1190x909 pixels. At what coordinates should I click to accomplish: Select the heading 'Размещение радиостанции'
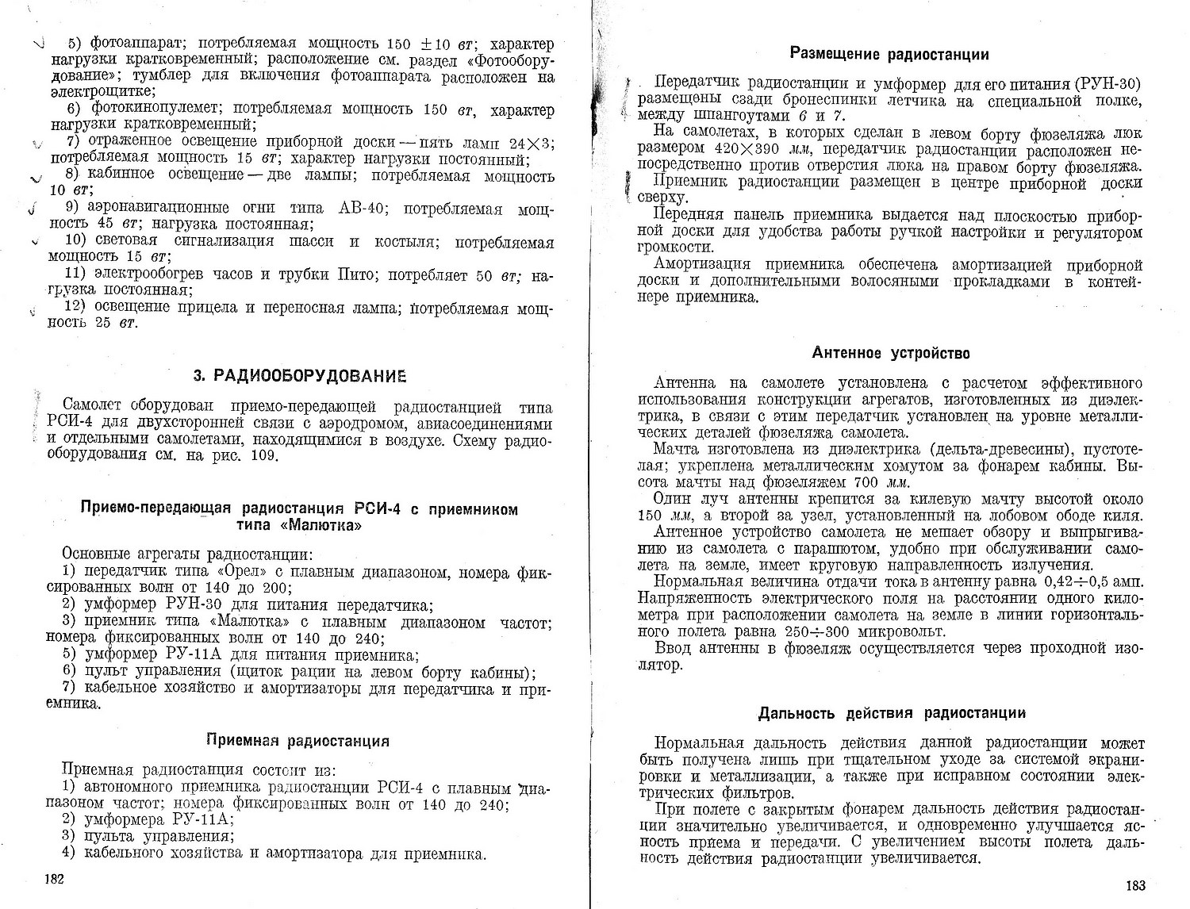(x=890, y=54)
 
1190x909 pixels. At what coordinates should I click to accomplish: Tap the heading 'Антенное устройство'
(x=891, y=352)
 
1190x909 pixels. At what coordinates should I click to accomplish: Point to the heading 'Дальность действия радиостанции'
(x=892, y=712)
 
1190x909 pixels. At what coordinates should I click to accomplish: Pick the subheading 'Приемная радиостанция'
(x=297, y=741)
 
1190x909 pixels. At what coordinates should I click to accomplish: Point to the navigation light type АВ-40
(x=363, y=209)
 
